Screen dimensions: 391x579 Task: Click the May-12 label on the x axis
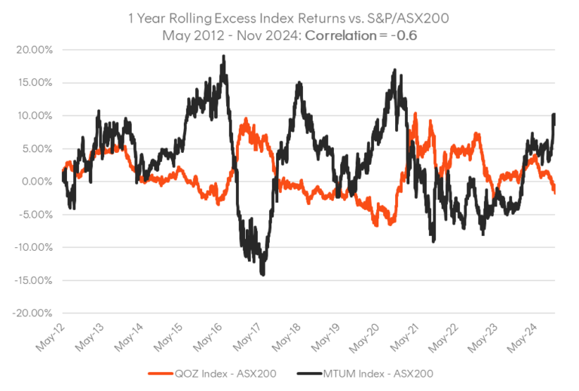coord(50,336)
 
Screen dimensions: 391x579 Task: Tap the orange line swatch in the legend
coord(160,372)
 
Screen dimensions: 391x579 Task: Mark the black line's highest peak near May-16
coord(222,57)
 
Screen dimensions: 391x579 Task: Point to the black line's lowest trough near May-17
coord(262,275)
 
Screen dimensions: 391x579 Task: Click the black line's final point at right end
coord(556,114)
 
